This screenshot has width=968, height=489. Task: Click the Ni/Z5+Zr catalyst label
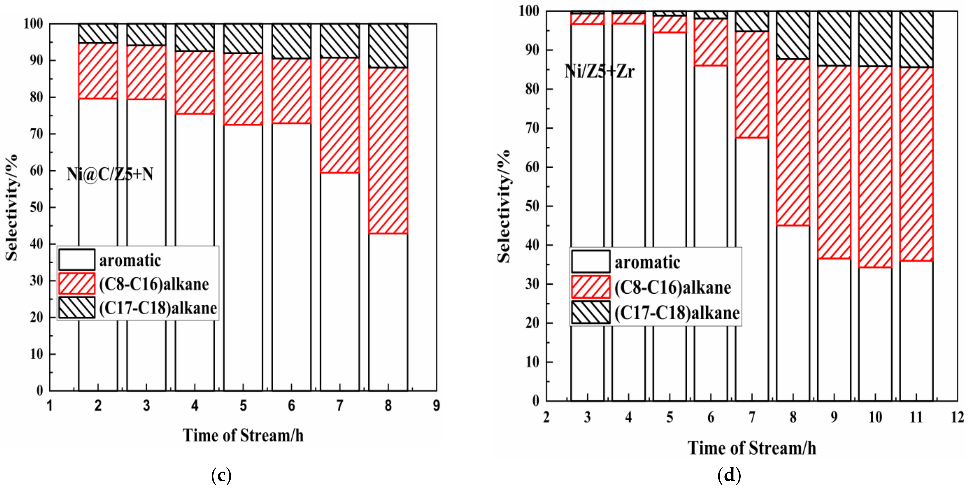(x=599, y=71)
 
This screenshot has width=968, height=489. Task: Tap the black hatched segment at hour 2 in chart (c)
(x=98, y=34)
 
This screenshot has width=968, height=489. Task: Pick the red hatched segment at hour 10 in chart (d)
(x=875, y=167)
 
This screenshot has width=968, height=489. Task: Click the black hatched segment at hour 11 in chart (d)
(x=916, y=39)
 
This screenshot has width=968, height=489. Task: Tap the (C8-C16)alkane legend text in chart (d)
(x=673, y=288)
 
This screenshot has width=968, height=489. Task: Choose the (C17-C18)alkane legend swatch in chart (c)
(x=77, y=308)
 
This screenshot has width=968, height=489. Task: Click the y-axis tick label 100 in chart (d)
(x=529, y=11)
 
